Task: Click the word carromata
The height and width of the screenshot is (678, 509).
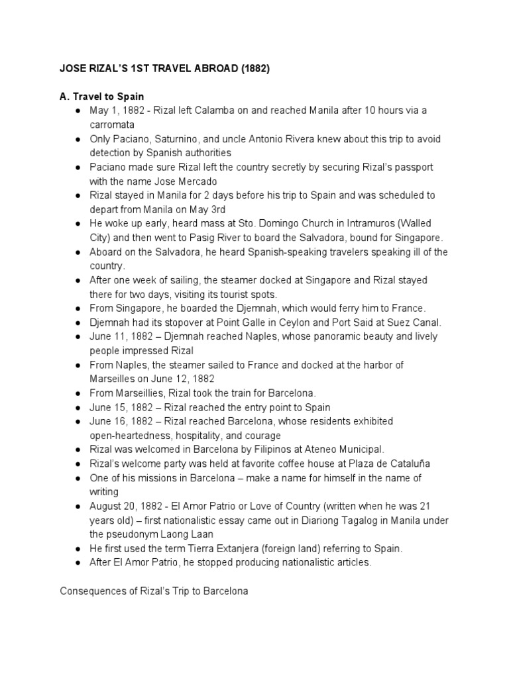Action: click(x=112, y=124)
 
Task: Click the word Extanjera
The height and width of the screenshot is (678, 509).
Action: click(x=236, y=548)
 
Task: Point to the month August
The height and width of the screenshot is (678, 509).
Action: click(x=107, y=507)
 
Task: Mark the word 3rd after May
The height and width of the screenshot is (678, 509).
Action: click(x=218, y=210)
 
